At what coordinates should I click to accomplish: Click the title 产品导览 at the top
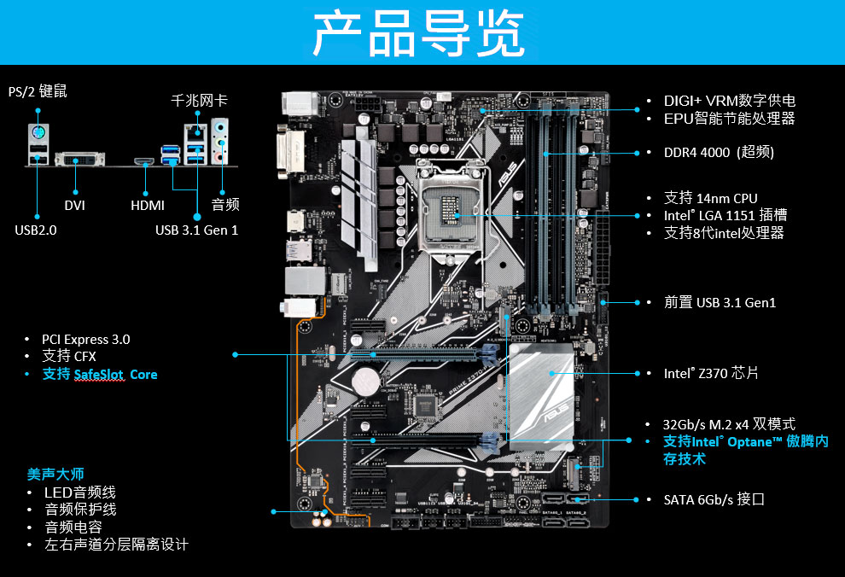pos(417,33)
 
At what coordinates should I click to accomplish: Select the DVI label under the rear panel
pos(74,205)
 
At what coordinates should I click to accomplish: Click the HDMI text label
pos(147,205)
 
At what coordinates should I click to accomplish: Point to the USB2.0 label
pos(36,230)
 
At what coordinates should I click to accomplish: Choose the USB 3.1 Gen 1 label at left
pos(196,230)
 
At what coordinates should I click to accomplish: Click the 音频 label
pos(224,205)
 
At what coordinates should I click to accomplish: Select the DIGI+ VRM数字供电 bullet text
pos(729,101)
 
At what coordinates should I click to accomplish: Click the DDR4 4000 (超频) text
pos(719,152)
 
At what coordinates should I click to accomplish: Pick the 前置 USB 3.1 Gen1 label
pos(720,302)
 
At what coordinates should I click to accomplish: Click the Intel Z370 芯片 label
pos(710,373)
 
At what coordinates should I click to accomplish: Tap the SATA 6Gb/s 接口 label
pos(714,498)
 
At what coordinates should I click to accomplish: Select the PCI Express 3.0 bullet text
pos(85,339)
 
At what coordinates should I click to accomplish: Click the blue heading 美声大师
pos(55,474)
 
